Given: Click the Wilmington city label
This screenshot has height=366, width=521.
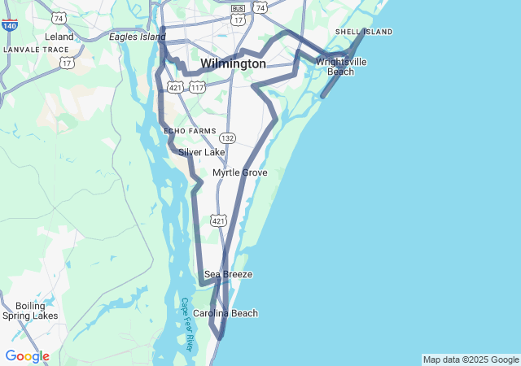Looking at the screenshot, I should (233, 63).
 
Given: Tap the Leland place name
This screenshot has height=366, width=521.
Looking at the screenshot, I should (59, 37).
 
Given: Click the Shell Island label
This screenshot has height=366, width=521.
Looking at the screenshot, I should (364, 32).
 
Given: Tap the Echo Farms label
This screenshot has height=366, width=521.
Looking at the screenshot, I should (190, 131).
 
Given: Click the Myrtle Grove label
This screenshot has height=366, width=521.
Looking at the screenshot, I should (239, 172).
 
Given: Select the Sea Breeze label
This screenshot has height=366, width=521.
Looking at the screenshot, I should (228, 274).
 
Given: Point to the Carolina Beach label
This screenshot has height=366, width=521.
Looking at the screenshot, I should (225, 313).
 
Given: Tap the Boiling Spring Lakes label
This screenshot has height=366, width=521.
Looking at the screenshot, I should (30, 311).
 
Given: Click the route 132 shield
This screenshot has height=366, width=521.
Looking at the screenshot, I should (227, 138).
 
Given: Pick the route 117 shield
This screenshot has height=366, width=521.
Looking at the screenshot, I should (197, 86).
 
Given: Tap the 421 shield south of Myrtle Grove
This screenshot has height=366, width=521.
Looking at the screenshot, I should (218, 220).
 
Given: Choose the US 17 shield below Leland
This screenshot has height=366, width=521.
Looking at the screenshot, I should (66, 63).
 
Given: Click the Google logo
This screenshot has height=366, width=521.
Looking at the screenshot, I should (27, 356).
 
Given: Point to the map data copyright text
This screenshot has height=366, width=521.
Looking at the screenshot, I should (470, 359).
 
